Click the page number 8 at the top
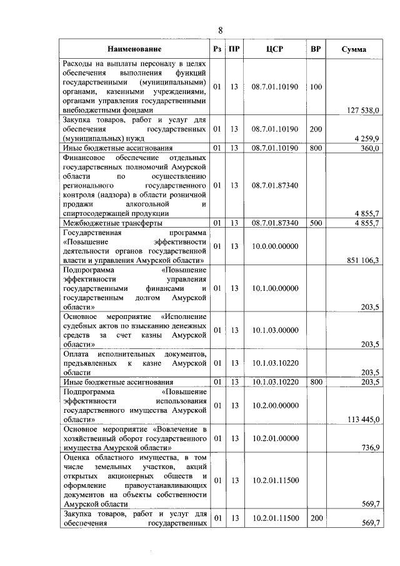pyautogui.click(x=221, y=29)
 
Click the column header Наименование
pyautogui.click(x=134, y=49)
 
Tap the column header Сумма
pyautogui.click(x=354, y=49)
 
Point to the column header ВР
pyautogui.click(x=316, y=49)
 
